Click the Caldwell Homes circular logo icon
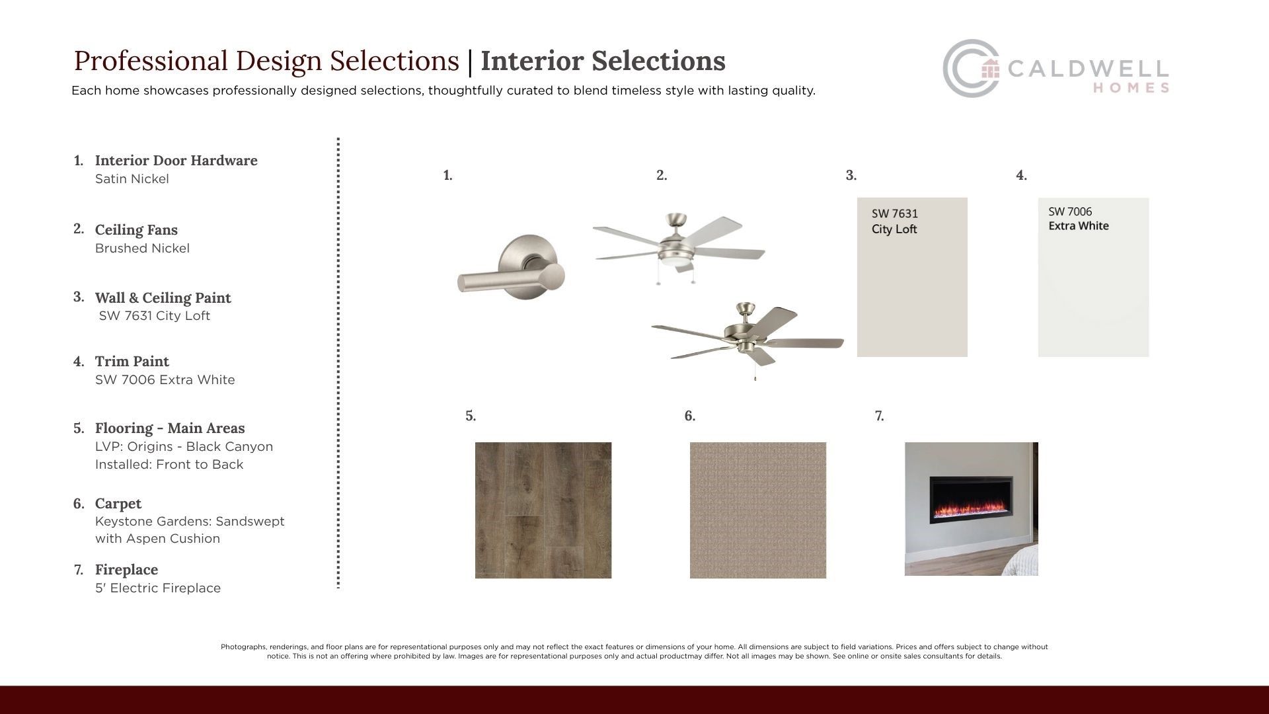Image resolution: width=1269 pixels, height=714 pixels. tap(970, 69)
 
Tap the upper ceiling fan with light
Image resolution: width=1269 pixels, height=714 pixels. tap(678, 248)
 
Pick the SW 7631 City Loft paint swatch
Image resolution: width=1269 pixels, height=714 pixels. tap(912, 277)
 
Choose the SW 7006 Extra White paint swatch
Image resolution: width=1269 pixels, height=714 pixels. tap(1093, 277)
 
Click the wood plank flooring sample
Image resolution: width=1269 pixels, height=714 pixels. tap(543, 510)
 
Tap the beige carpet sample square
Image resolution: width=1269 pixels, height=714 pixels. tap(758, 510)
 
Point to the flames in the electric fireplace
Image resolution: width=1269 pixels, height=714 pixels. tap(971, 510)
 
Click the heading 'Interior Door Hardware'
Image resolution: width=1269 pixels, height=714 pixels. tap(176, 161)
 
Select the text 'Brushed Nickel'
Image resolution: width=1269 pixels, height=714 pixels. tap(142, 249)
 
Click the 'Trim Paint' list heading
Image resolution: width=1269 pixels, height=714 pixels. tap(132, 362)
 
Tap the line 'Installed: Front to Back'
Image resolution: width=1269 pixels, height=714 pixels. tap(169, 465)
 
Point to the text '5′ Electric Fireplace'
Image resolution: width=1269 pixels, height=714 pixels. tap(158, 588)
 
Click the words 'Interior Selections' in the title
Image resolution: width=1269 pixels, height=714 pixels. tap(603, 61)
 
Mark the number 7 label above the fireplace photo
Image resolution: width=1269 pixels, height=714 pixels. tap(879, 416)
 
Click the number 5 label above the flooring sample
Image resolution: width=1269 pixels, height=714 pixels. tap(471, 416)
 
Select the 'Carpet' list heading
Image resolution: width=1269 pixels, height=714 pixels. tap(118, 504)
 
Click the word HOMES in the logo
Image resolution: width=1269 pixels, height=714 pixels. tap(1131, 88)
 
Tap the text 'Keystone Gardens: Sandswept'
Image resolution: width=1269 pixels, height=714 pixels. tap(190, 522)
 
